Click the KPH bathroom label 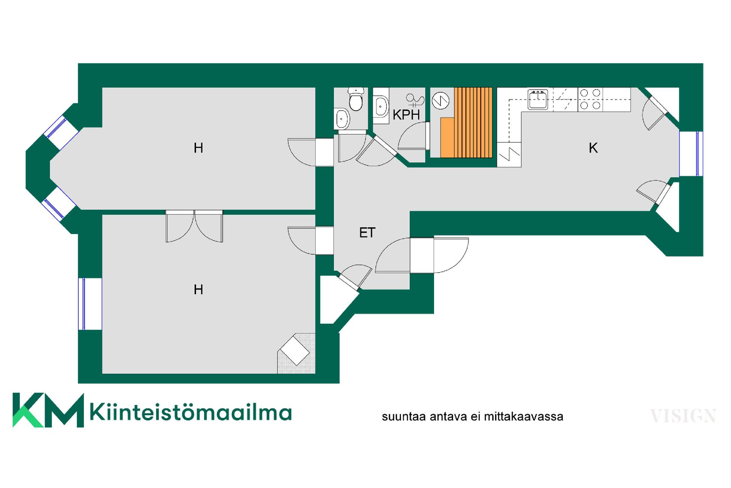406,115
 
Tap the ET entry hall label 367,233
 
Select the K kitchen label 593,148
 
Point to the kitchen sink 538,99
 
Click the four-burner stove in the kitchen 590,100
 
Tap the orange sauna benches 466,122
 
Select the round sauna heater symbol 441,101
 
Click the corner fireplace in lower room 296,353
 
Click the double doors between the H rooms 194,226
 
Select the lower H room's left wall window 90,304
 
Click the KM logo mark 48,410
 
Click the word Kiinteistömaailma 191,412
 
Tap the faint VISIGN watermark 683,416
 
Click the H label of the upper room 198,148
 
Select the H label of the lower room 198,290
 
